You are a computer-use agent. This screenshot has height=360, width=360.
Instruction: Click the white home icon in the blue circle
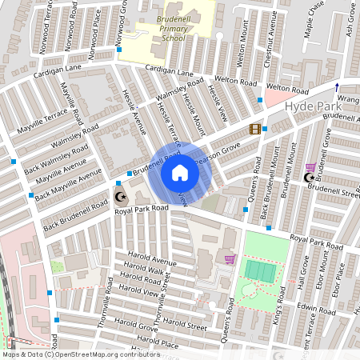point(180,173)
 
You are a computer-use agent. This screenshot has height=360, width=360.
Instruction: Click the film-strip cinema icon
point(255,129)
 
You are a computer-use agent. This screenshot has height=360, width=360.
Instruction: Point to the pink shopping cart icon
point(230,258)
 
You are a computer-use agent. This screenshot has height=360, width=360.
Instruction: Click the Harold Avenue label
point(151,262)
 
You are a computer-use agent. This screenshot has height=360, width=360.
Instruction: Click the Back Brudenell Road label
point(74,217)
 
